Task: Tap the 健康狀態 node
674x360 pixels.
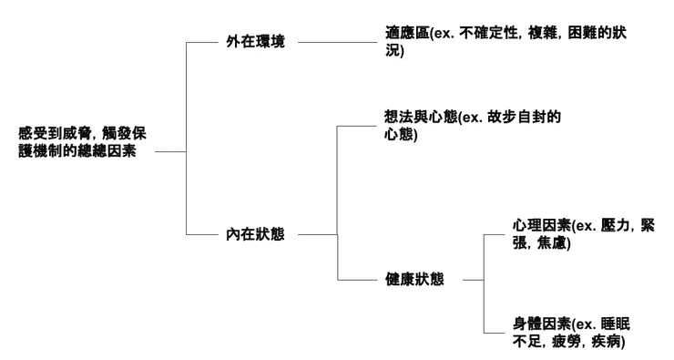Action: pos(414,280)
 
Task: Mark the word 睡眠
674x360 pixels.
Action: pos(615,324)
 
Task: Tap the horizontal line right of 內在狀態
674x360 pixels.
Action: pos(317,234)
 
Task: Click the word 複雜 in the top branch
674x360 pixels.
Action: pos(542,34)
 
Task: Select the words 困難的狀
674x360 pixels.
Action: pos(596,34)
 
